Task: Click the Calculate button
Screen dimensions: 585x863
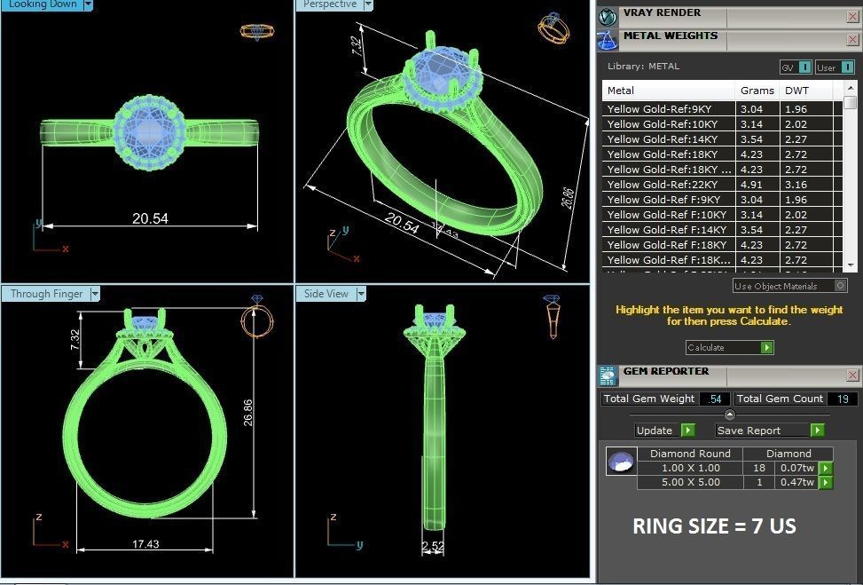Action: click(728, 347)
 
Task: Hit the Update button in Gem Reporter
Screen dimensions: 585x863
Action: click(663, 430)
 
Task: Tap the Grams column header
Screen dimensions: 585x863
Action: click(757, 90)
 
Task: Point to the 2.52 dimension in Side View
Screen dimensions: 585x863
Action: click(432, 545)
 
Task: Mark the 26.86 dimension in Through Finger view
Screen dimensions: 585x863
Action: click(248, 411)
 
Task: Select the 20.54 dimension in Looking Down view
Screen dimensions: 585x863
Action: click(150, 217)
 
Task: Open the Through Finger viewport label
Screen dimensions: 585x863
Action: click(47, 294)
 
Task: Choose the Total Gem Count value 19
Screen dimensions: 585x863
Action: click(842, 399)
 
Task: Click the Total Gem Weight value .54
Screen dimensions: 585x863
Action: click(713, 399)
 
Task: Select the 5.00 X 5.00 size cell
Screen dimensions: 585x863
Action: click(690, 482)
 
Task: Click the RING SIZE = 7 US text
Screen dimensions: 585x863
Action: click(713, 526)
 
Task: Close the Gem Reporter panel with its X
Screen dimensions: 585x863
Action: click(852, 375)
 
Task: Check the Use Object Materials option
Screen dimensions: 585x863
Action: click(840, 286)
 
